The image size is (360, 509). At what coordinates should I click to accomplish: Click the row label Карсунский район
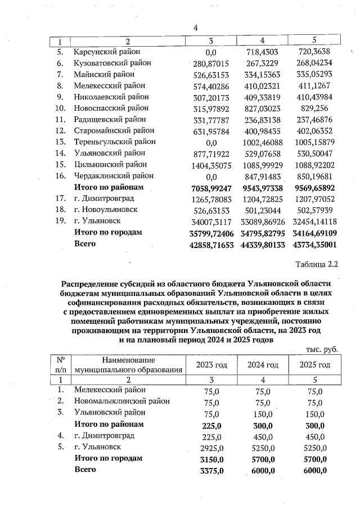pos(105,52)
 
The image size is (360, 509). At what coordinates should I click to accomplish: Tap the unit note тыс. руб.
pos(322,349)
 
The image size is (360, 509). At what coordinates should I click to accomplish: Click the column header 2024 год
pos(263,365)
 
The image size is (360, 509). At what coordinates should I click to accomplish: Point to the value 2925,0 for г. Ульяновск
pos(213,447)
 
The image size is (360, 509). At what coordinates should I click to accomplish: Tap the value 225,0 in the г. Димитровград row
pos(213,436)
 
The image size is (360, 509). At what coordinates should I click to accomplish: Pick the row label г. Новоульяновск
pos(109,209)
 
